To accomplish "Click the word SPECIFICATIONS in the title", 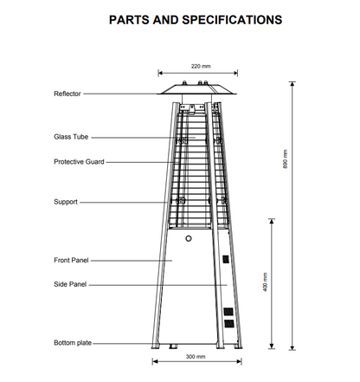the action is [232, 20].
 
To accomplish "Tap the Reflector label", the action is [67, 94].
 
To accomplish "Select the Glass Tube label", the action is [71, 137].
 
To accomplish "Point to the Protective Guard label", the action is [79, 162].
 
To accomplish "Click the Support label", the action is [66, 202].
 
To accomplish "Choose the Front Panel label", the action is [71, 260].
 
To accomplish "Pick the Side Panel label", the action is [70, 284].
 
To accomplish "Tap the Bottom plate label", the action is [73, 343].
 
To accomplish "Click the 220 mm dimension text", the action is [201, 66].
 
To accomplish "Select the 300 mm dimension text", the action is [196, 357].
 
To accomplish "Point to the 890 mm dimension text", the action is [285, 159].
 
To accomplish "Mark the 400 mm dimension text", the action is [265, 282].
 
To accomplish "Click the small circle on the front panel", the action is [189, 239].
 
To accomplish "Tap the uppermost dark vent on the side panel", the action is [226, 259].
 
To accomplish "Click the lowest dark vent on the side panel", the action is [229, 323].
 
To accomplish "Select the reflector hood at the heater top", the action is [197, 89].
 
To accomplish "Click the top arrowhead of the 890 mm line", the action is [292, 84].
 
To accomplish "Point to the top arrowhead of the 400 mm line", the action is [272, 221].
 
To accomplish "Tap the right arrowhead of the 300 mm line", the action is [239, 361].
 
